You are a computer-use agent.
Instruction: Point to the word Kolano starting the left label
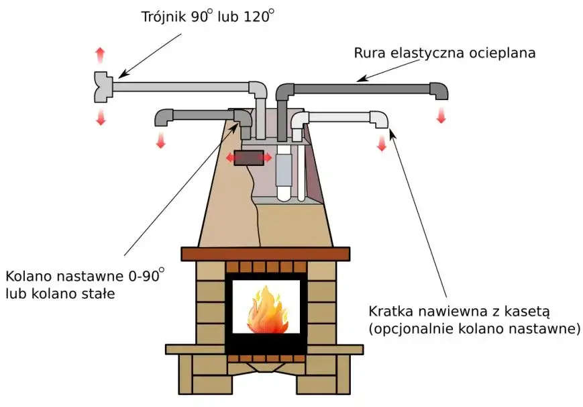coord(28,276)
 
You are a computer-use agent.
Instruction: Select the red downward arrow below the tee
coord(101,118)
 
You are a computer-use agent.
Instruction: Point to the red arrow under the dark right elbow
coord(441,115)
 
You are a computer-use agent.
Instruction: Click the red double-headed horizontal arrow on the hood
coord(249,157)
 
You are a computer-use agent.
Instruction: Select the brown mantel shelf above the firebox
coord(266,254)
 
